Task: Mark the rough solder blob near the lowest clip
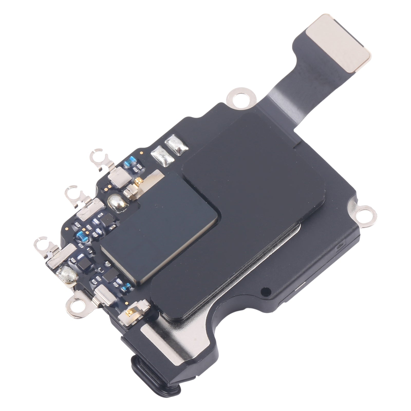tap(69, 275)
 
